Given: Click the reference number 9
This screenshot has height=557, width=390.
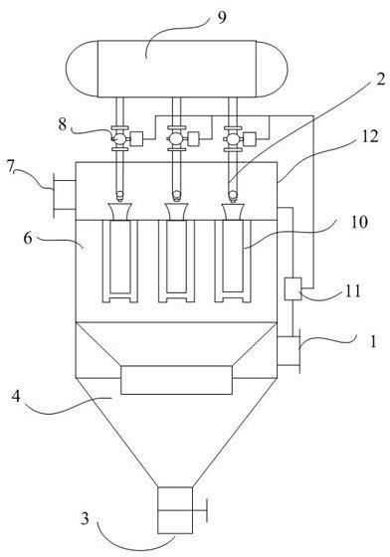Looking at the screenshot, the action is click(222, 17).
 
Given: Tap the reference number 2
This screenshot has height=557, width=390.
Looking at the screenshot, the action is click(380, 80).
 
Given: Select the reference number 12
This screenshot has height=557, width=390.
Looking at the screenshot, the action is click(370, 136).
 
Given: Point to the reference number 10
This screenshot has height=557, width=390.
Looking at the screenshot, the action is click(359, 222).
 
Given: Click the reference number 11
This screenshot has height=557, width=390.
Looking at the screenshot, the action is click(352, 291).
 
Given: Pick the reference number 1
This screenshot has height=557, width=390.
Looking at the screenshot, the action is click(373, 342).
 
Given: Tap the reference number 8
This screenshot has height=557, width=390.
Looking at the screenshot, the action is click(63, 124).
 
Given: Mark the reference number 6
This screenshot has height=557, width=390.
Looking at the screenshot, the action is click(28, 238).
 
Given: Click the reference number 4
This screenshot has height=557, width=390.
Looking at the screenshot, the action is click(16, 396).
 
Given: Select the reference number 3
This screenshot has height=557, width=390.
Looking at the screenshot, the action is click(85, 519).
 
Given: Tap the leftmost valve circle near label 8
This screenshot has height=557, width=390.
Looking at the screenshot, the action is click(119, 138).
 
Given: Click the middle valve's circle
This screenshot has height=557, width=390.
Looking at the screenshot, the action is click(176, 138).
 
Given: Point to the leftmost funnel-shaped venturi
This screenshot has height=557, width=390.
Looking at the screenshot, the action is click(120, 212).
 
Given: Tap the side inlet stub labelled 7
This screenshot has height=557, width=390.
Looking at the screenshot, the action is click(65, 195).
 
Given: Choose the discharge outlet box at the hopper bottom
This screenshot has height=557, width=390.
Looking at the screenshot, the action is click(175, 510).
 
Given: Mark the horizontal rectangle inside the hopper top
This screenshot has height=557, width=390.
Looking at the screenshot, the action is click(176, 380).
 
